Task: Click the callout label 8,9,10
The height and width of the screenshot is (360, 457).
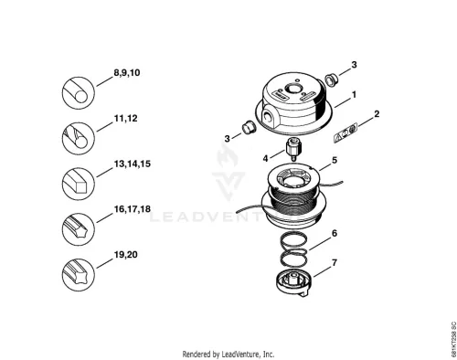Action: point(127,73)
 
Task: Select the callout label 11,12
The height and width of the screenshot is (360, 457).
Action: point(125,119)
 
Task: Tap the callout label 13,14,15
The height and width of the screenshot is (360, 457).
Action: point(133,164)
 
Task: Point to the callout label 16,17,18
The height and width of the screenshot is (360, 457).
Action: point(133,209)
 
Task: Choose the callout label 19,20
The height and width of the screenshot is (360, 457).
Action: point(125,255)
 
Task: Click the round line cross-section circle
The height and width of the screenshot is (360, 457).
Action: point(79,93)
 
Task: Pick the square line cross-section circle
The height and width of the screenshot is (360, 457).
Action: point(79,184)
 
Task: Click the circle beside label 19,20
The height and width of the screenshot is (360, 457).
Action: point(79,274)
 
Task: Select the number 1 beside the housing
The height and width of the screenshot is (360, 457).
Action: point(354,95)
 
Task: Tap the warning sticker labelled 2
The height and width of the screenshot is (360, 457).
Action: point(345,133)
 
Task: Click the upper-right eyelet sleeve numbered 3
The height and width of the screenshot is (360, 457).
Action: point(330,79)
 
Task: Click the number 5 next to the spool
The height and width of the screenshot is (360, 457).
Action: point(335,160)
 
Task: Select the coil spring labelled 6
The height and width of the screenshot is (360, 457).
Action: point(293,249)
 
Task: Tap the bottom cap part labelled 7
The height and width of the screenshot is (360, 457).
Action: point(294,283)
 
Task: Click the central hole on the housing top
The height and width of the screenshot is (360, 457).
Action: point(293,90)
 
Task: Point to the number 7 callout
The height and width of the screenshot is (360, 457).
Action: point(335,262)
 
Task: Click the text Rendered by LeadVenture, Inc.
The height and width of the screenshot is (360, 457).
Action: point(228,355)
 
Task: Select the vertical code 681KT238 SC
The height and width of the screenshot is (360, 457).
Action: point(453,339)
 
